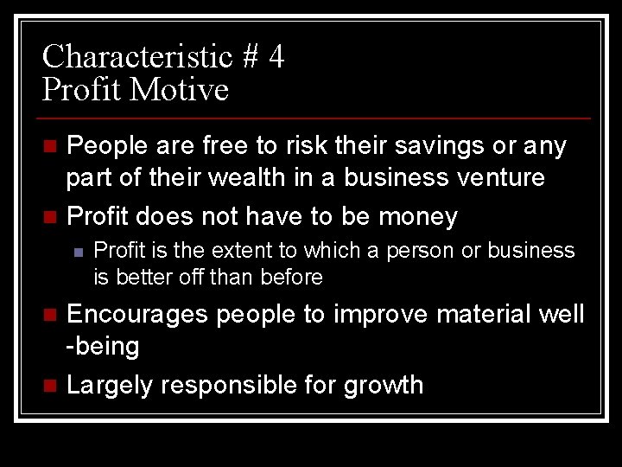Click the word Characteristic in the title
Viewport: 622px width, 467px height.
pos(137,57)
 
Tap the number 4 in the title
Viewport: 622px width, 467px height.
pos(276,57)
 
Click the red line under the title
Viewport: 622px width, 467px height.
pos(316,118)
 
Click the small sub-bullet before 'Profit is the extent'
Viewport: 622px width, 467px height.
pos(78,252)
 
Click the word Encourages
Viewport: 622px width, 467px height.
pos(137,314)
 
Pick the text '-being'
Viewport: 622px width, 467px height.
pos(103,347)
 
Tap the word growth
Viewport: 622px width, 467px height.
pos(384,385)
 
